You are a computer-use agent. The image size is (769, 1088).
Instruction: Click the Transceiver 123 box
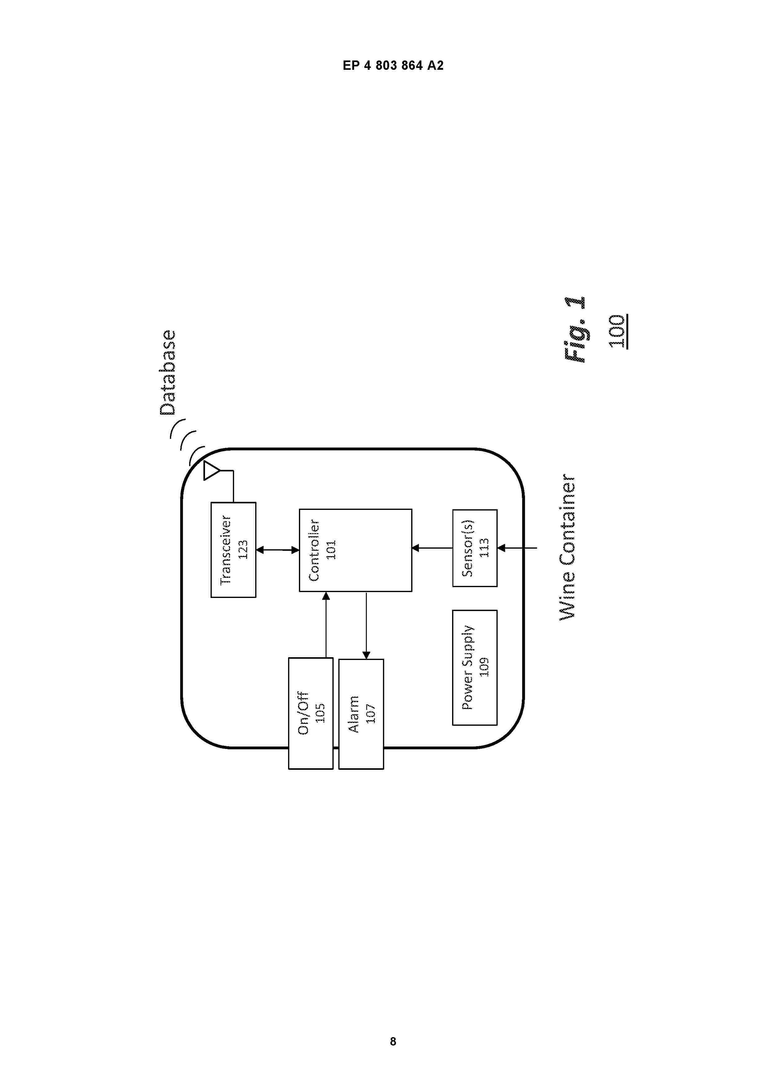(233, 550)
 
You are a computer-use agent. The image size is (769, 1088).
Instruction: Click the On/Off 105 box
(311, 713)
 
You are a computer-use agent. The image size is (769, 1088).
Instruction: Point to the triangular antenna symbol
(211, 470)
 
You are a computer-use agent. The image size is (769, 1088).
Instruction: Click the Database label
(167, 373)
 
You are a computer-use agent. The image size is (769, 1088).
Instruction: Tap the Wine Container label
(567, 547)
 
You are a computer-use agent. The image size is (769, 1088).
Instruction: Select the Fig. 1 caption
(575, 330)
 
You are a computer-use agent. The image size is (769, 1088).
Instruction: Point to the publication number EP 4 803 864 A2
(393, 66)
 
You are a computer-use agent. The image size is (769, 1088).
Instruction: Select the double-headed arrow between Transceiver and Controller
(278, 550)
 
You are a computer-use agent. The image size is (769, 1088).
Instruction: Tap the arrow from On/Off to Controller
(326, 625)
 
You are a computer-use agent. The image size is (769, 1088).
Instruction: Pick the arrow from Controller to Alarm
(366, 625)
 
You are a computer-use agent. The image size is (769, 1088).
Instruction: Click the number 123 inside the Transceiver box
(242, 550)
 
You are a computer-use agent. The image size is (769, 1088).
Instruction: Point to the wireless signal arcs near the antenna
(188, 441)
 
